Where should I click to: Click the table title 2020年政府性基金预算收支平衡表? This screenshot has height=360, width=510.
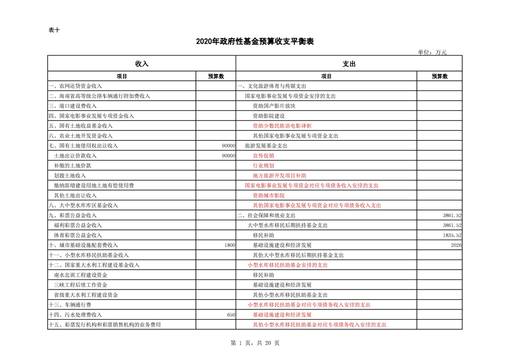pyautogui.click(x=254, y=41)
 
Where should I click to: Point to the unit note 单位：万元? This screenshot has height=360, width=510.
pyautogui.click(x=432, y=52)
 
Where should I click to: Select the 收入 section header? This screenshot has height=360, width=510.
pyautogui.click(x=141, y=64)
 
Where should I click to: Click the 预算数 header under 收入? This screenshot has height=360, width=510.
pyautogui.click(x=216, y=76)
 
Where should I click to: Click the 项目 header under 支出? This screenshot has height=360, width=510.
pyautogui.click(x=326, y=76)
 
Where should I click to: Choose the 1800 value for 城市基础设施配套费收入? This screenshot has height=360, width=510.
pyautogui.click(x=229, y=245)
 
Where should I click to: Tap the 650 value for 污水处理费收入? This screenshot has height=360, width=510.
pyautogui.click(x=231, y=315)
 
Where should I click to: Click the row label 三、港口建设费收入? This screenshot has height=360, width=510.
pyautogui.click(x=73, y=106)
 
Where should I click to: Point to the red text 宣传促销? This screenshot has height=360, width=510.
pyautogui.click(x=264, y=156)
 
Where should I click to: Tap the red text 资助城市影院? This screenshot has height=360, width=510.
pyautogui.click(x=269, y=195)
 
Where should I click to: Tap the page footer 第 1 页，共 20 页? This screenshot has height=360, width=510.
pyautogui.click(x=254, y=342)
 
